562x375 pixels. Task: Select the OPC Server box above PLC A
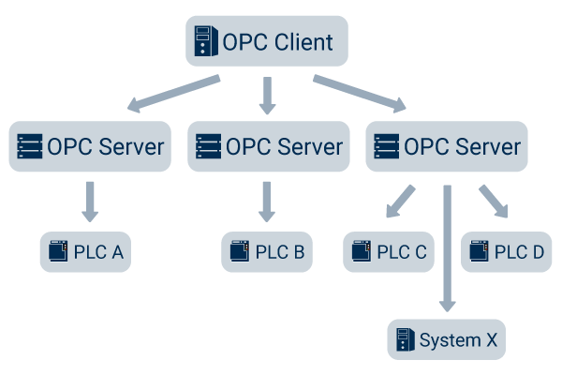pos(90,146)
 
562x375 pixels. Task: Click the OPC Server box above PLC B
pos(268,146)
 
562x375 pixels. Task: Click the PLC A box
pos(85,252)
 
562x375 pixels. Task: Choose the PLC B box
pos(267,252)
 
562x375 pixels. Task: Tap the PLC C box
pos(389,252)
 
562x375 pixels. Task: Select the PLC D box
pos(506,252)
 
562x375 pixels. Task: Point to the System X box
pos(446,339)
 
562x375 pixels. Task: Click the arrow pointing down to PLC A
pos(90,201)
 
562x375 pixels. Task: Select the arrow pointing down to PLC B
pos(268,201)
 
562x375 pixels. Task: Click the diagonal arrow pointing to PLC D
pos(493,201)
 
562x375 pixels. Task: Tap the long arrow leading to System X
pos(447,247)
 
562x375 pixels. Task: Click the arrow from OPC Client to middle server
pos(268,95)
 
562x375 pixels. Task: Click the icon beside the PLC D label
pos(480,252)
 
